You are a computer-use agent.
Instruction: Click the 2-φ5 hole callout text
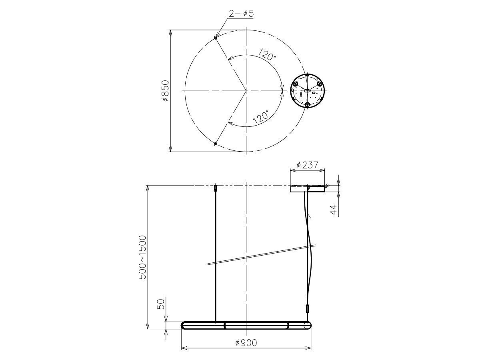click(x=241, y=14)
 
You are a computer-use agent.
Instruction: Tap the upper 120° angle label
click(x=267, y=54)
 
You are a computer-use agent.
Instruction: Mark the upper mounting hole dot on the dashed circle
click(x=216, y=38)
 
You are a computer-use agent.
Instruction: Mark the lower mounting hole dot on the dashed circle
click(x=216, y=143)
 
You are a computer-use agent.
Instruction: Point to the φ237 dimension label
click(x=307, y=165)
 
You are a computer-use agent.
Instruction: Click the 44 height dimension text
click(x=333, y=210)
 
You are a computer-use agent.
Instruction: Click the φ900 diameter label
click(x=246, y=343)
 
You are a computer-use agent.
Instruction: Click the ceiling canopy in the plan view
click(x=307, y=91)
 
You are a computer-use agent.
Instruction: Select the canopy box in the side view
click(x=307, y=189)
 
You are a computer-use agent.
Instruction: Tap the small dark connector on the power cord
click(x=308, y=309)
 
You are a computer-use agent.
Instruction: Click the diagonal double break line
click(x=262, y=254)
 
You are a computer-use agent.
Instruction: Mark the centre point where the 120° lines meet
click(x=246, y=91)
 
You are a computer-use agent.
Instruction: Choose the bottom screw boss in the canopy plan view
click(x=307, y=104)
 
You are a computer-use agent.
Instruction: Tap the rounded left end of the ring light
click(x=184, y=325)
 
